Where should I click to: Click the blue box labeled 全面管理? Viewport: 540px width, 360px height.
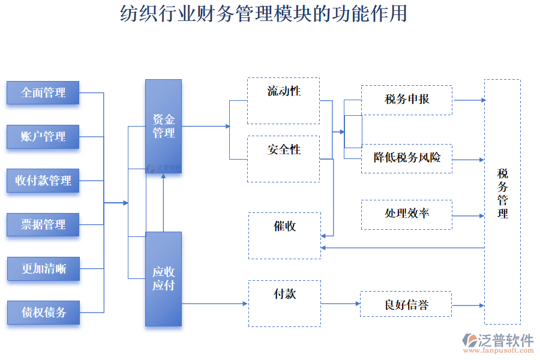[x=43, y=93]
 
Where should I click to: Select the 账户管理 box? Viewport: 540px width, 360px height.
[x=43, y=137]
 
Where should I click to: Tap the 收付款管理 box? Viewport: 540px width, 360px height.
[x=43, y=181]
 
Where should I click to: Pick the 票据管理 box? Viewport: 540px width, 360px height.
[x=43, y=224]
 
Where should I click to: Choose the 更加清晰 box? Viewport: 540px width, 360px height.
[x=43, y=268]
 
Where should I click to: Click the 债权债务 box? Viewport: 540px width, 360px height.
[x=43, y=313]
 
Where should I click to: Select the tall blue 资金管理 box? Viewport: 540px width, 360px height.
[x=163, y=127]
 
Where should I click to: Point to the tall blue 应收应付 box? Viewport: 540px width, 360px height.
[x=163, y=279]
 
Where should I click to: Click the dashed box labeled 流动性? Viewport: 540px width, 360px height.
[x=283, y=100]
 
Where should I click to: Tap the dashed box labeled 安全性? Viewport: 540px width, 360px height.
[x=283, y=158]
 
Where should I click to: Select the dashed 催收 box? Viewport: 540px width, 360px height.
[x=284, y=235]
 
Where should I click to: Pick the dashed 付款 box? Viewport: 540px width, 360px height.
[x=284, y=303]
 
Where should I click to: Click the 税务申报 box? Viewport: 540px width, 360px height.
[x=407, y=100]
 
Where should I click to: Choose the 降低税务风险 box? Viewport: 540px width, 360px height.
[x=407, y=158]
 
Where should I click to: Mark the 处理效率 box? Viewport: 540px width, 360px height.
[x=407, y=215]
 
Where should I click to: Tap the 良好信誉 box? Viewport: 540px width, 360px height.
[x=407, y=304]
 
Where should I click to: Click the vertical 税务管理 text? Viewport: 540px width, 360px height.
[x=503, y=193]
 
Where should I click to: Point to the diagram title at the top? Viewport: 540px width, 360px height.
[x=263, y=13]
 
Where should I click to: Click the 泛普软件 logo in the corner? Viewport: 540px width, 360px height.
[x=497, y=343]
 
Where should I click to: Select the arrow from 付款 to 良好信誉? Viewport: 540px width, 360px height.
[x=340, y=304]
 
